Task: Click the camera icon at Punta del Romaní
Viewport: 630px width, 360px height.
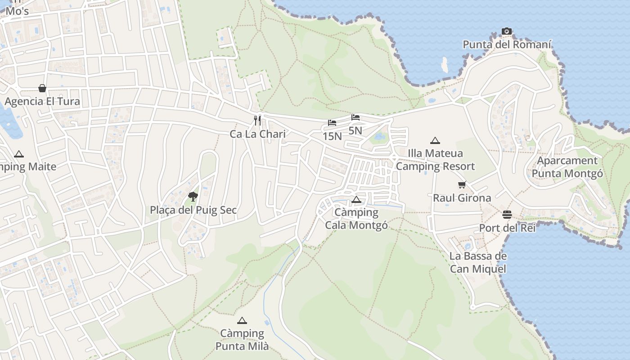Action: (507, 31)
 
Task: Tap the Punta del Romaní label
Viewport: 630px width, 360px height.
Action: (507, 45)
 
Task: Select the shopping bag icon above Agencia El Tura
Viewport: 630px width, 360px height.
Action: (42, 88)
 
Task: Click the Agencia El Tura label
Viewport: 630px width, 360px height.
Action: (43, 101)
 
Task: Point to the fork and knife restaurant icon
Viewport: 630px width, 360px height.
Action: (257, 120)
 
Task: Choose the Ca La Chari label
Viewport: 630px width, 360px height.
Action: (257, 134)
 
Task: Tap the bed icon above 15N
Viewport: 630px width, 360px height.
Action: (332, 123)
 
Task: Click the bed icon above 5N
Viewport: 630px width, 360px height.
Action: (355, 117)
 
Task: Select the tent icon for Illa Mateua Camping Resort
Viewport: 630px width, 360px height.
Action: (435, 141)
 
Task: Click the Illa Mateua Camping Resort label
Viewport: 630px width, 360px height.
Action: (435, 160)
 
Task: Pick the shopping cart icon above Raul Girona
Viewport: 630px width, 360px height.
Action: (462, 184)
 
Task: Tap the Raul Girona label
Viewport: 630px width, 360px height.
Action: (462, 198)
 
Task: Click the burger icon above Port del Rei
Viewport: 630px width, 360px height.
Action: (507, 214)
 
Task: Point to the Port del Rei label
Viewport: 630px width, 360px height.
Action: (507, 228)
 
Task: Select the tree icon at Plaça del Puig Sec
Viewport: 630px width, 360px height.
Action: (193, 196)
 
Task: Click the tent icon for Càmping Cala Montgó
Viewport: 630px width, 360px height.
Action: (356, 199)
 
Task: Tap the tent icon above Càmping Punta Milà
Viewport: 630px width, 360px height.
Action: (242, 321)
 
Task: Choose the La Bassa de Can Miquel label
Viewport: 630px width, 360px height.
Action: (478, 262)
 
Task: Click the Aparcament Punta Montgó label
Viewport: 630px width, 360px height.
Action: (567, 167)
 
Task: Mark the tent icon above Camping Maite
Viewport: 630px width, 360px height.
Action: (19, 154)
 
